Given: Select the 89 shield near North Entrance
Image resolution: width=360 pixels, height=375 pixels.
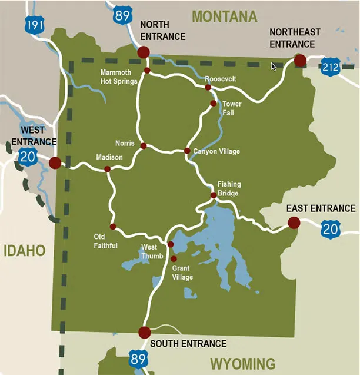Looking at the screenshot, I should pyautogui.click(x=122, y=15).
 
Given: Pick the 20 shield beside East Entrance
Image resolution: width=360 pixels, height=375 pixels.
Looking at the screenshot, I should pyautogui.click(x=331, y=228).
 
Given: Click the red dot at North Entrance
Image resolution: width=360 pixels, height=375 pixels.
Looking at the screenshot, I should pyautogui.click(x=143, y=53).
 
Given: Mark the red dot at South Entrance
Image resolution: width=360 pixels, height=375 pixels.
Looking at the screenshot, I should pyautogui.click(x=145, y=333).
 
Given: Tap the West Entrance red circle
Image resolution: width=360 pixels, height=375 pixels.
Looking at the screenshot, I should pyautogui.click(x=55, y=162).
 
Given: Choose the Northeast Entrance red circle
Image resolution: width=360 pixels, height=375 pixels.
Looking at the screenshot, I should pyautogui.click(x=300, y=60).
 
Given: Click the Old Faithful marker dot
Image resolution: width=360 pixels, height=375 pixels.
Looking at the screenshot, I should pyautogui.click(x=113, y=227).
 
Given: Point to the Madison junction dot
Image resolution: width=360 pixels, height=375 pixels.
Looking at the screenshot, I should pyautogui.click(x=107, y=169).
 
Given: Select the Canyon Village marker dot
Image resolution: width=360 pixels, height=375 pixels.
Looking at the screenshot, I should pyautogui.click(x=187, y=151).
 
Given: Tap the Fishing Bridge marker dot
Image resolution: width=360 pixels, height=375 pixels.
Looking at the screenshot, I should pyautogui.click(x=214, y=195).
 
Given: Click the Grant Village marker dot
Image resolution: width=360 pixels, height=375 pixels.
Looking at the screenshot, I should pyautogui.click(x=174, y=258).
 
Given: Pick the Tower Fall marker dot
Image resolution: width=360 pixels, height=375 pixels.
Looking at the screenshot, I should pyautogui.click(x=213, y=104).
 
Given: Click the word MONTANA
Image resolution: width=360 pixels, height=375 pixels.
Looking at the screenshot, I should pyautogui.click(x=225, y=16).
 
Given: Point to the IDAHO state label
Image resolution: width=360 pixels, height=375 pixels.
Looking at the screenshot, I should pyautogui.click(x=24, y=251).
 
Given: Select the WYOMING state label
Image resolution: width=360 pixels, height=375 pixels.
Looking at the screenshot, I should pyautogui.click(x=243, y=363).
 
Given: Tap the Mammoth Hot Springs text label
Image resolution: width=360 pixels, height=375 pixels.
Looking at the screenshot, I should pyautogui.click(x=119, y=77).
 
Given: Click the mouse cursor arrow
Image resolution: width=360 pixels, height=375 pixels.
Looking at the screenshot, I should pyautogui.click(x=274, y=67).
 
